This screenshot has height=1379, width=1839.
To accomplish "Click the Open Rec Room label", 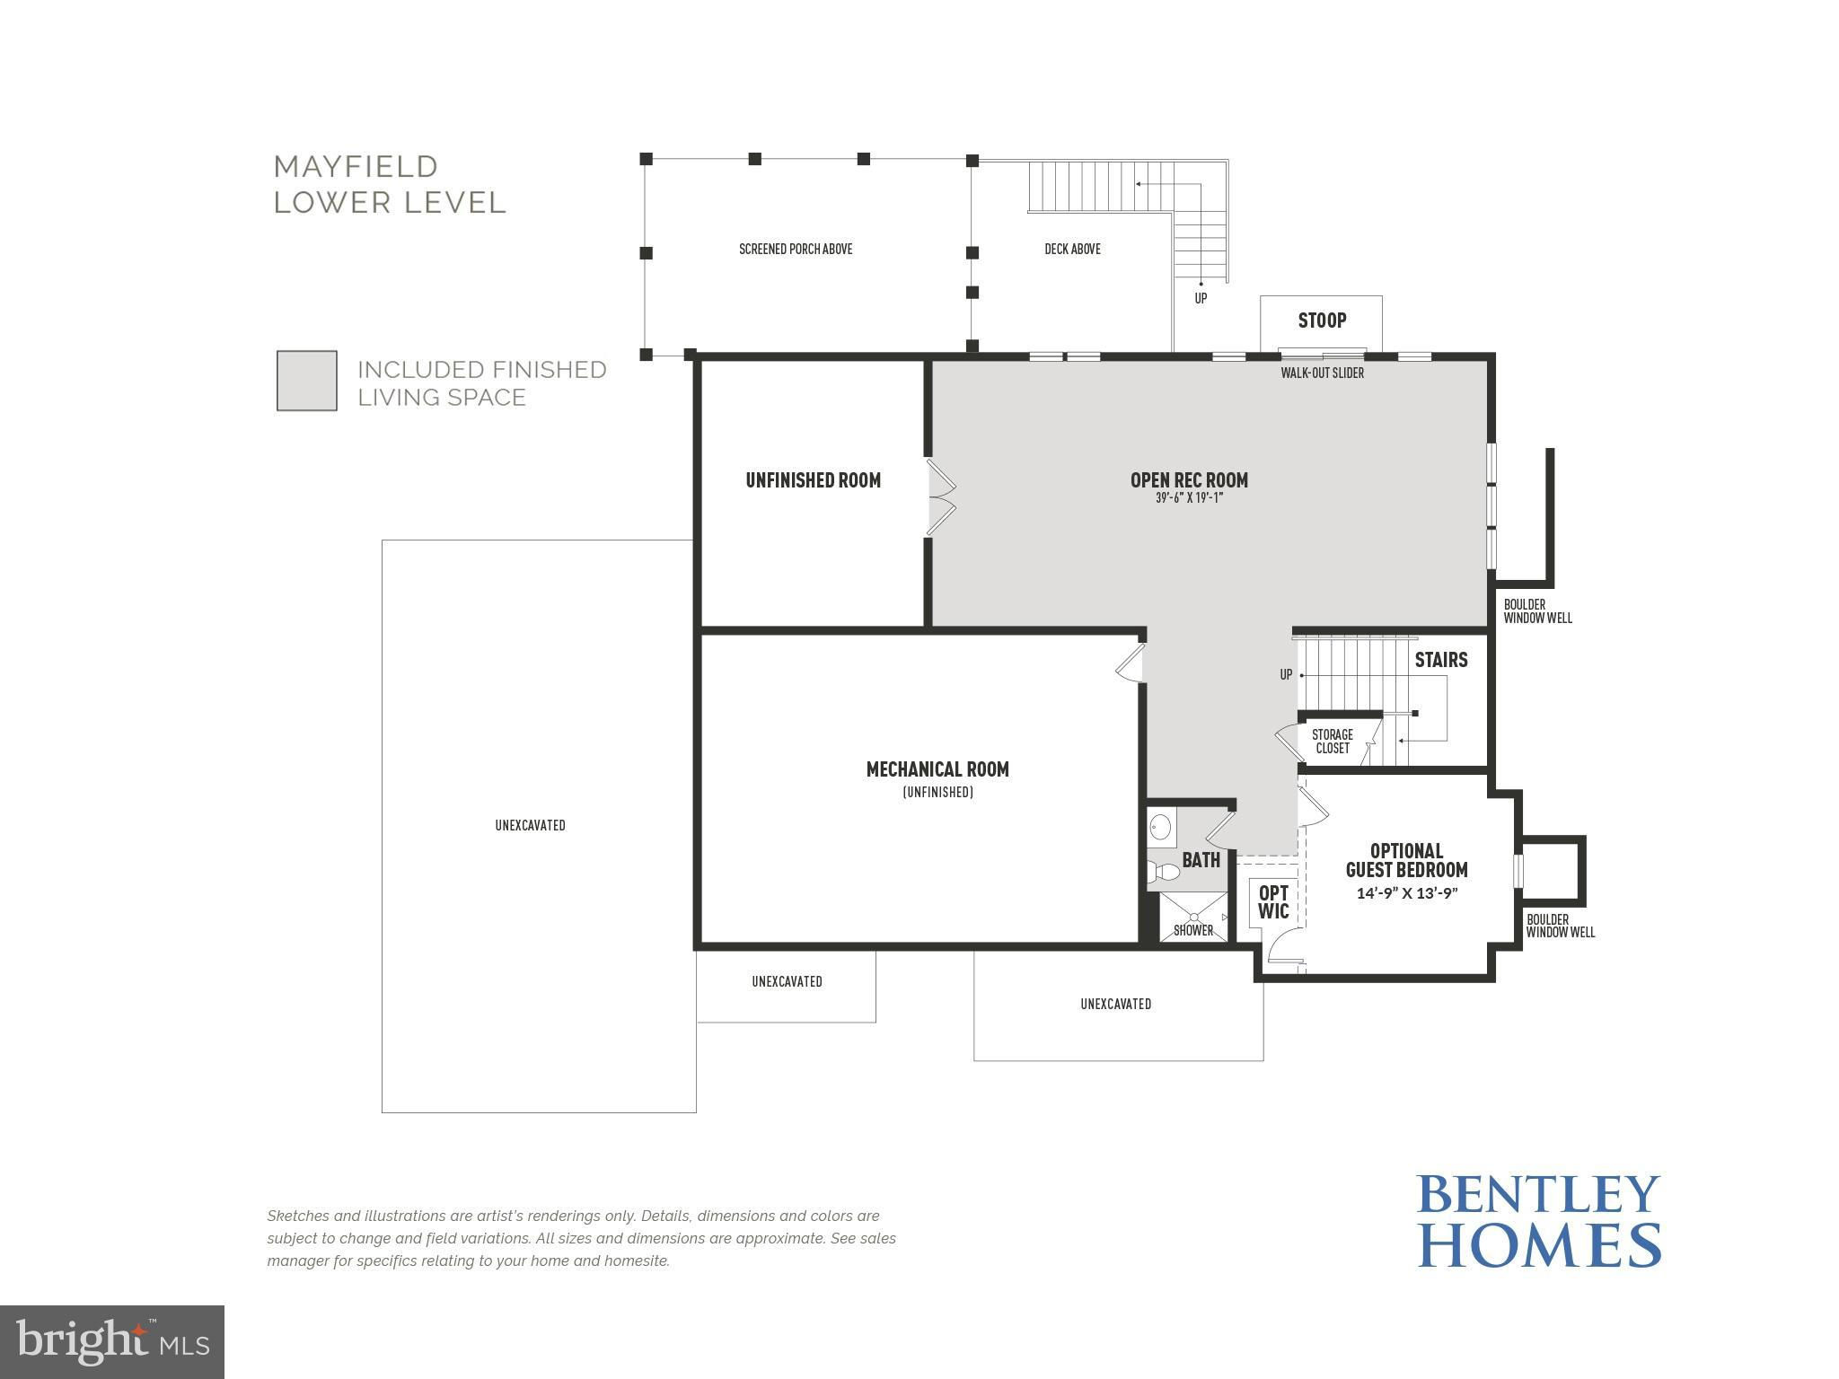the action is tap(1189, 480).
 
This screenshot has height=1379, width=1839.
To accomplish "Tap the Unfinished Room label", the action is tap(813, 480).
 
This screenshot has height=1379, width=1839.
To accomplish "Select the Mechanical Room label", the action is tap(937, 769).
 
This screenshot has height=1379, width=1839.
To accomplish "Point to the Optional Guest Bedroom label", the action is tap(1406, 860).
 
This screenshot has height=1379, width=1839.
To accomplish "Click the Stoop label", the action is tap(1322, 321).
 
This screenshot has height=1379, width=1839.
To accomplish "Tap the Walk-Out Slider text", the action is tap(1322, 373).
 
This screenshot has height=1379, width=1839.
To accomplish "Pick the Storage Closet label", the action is tap(1333, 742).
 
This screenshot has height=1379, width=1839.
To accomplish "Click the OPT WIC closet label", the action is tap(1273, 902).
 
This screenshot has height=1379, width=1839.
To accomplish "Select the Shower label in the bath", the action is tap(1193, 930).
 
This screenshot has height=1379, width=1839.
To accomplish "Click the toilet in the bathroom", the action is tap(1163, 871).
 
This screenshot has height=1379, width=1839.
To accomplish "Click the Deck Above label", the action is tap(1072, 249).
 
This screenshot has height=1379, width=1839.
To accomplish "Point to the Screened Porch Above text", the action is tap(796, 249).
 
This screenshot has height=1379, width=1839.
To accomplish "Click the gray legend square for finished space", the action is tap(307, 381).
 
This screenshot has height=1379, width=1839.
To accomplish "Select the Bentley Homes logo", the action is tap(1539, 1221).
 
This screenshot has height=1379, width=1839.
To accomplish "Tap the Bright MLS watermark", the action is tap(112, 1342).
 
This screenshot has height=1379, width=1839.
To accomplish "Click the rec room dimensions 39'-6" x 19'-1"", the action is tap(1189, 498).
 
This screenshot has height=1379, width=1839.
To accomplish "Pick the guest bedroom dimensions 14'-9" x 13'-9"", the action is tap(1406, 893).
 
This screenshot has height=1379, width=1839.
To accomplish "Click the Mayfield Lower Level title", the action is tap(390, 184).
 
